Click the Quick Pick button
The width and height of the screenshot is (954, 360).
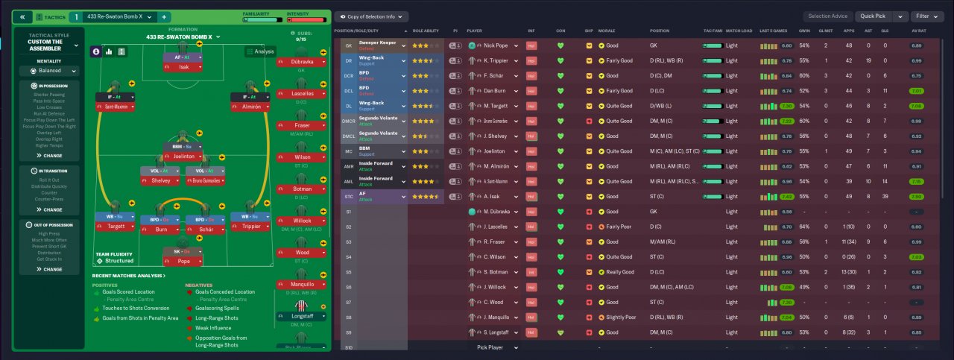(x=874, y=16)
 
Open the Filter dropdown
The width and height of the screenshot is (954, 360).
(x=926, y=16)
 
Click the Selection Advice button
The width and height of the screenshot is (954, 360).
(x=828, y=16)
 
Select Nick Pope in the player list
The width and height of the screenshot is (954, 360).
(x=495, y=45)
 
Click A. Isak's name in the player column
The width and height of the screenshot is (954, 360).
(x=490, y=196)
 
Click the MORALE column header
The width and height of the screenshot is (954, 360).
(x=607, y=31)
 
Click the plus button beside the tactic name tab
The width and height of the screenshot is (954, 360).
(x=164, y=16)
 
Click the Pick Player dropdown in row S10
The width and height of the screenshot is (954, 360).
(x=495, y=347)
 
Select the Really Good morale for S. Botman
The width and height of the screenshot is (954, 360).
(x=619, y=272)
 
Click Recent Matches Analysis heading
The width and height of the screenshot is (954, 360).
(x=128, y=276)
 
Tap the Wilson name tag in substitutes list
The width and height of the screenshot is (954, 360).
(x=302, y=157)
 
